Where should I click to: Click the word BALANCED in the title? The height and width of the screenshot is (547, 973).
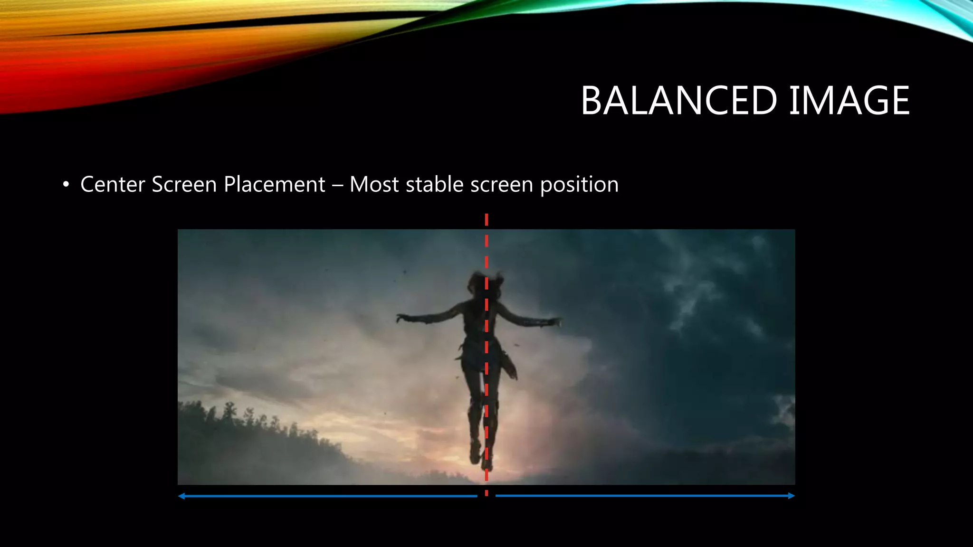(678, 101)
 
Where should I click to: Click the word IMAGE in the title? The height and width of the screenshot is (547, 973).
(849, 101)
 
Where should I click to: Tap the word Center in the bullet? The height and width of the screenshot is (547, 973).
(113, 184)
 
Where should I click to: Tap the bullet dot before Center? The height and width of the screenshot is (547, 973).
(66, 185)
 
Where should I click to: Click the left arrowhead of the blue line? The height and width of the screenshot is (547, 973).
(181, 496)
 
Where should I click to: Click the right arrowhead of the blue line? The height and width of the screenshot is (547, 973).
(792, 496)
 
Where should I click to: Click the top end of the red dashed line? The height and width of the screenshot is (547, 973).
(486, 217)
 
